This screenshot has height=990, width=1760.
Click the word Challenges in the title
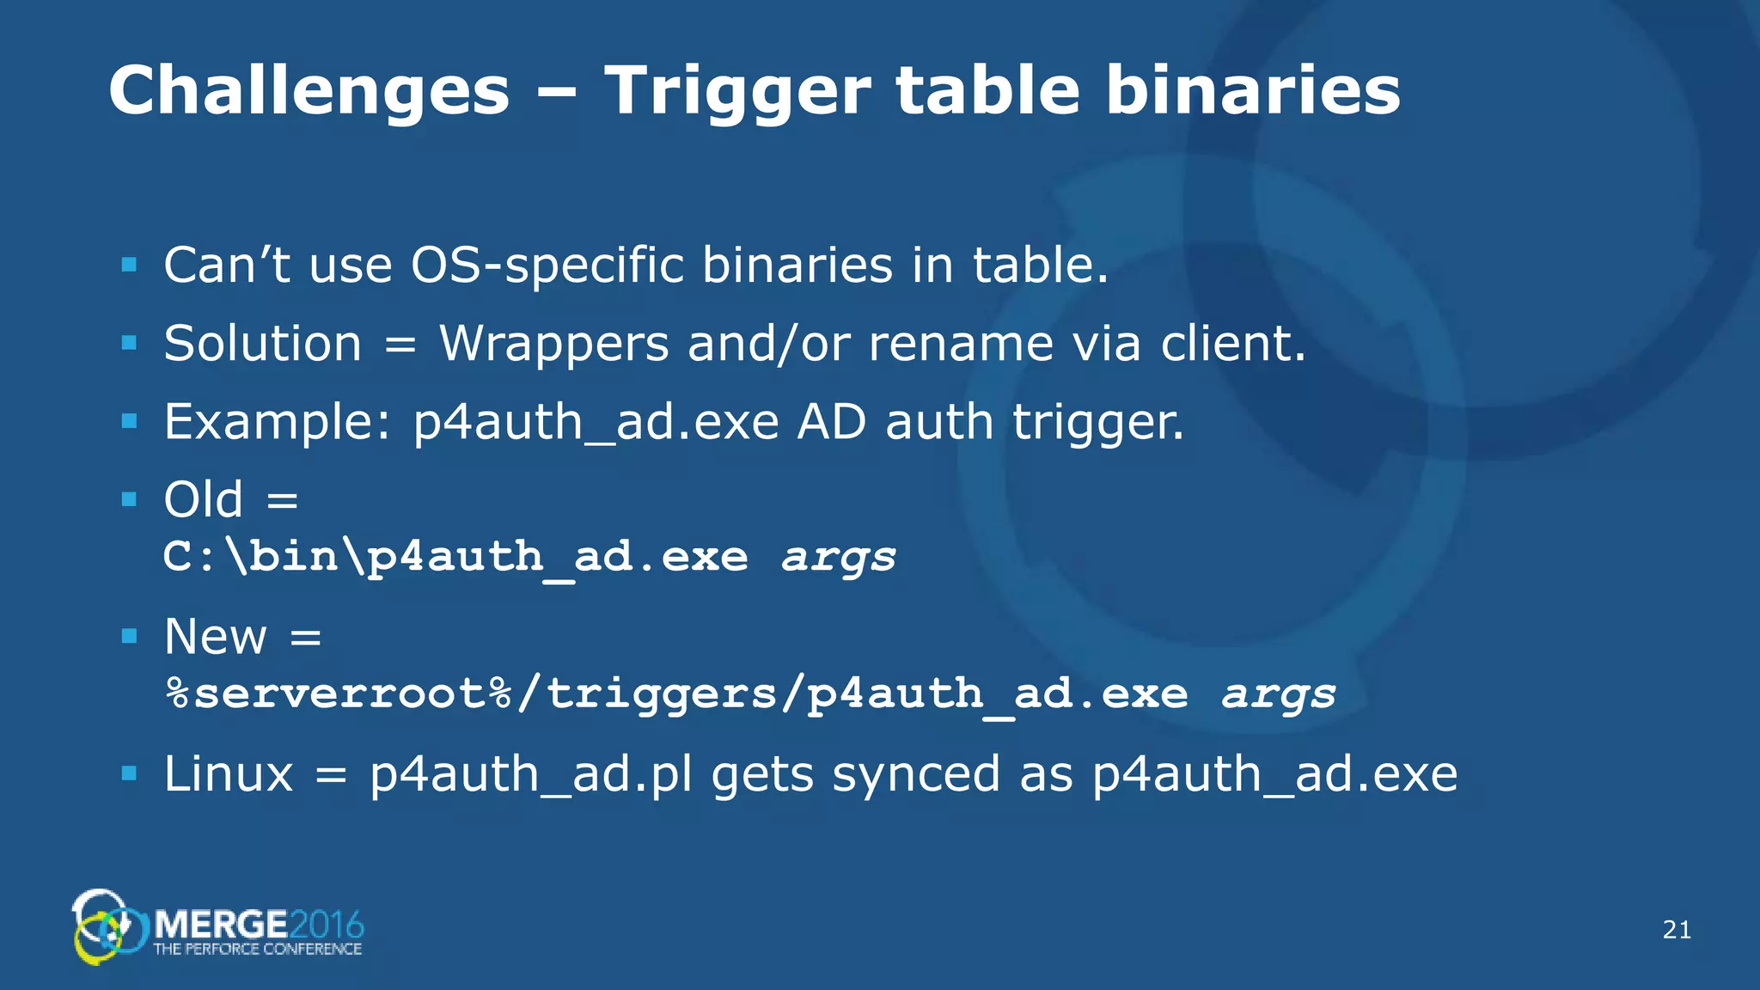(309, 91)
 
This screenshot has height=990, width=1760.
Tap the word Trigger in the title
(736, 91)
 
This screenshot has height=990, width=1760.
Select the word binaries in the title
(1253, 91)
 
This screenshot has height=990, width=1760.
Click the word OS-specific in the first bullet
(547, 266)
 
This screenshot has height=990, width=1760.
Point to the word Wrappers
(553, 345)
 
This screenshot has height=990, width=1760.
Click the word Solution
(263, 344)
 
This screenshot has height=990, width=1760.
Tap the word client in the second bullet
(1231, 344)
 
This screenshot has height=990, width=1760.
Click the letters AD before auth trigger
(831, 423)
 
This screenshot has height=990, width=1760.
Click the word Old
(204, 499)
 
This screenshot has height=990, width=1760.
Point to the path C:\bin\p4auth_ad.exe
(455, 557)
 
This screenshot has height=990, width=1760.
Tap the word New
(216, 637)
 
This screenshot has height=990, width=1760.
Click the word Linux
(229, 774)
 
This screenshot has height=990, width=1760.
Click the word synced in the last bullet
(915, 775)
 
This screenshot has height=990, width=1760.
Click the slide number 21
(1677, 930)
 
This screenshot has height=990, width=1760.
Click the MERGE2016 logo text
(259, 926)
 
